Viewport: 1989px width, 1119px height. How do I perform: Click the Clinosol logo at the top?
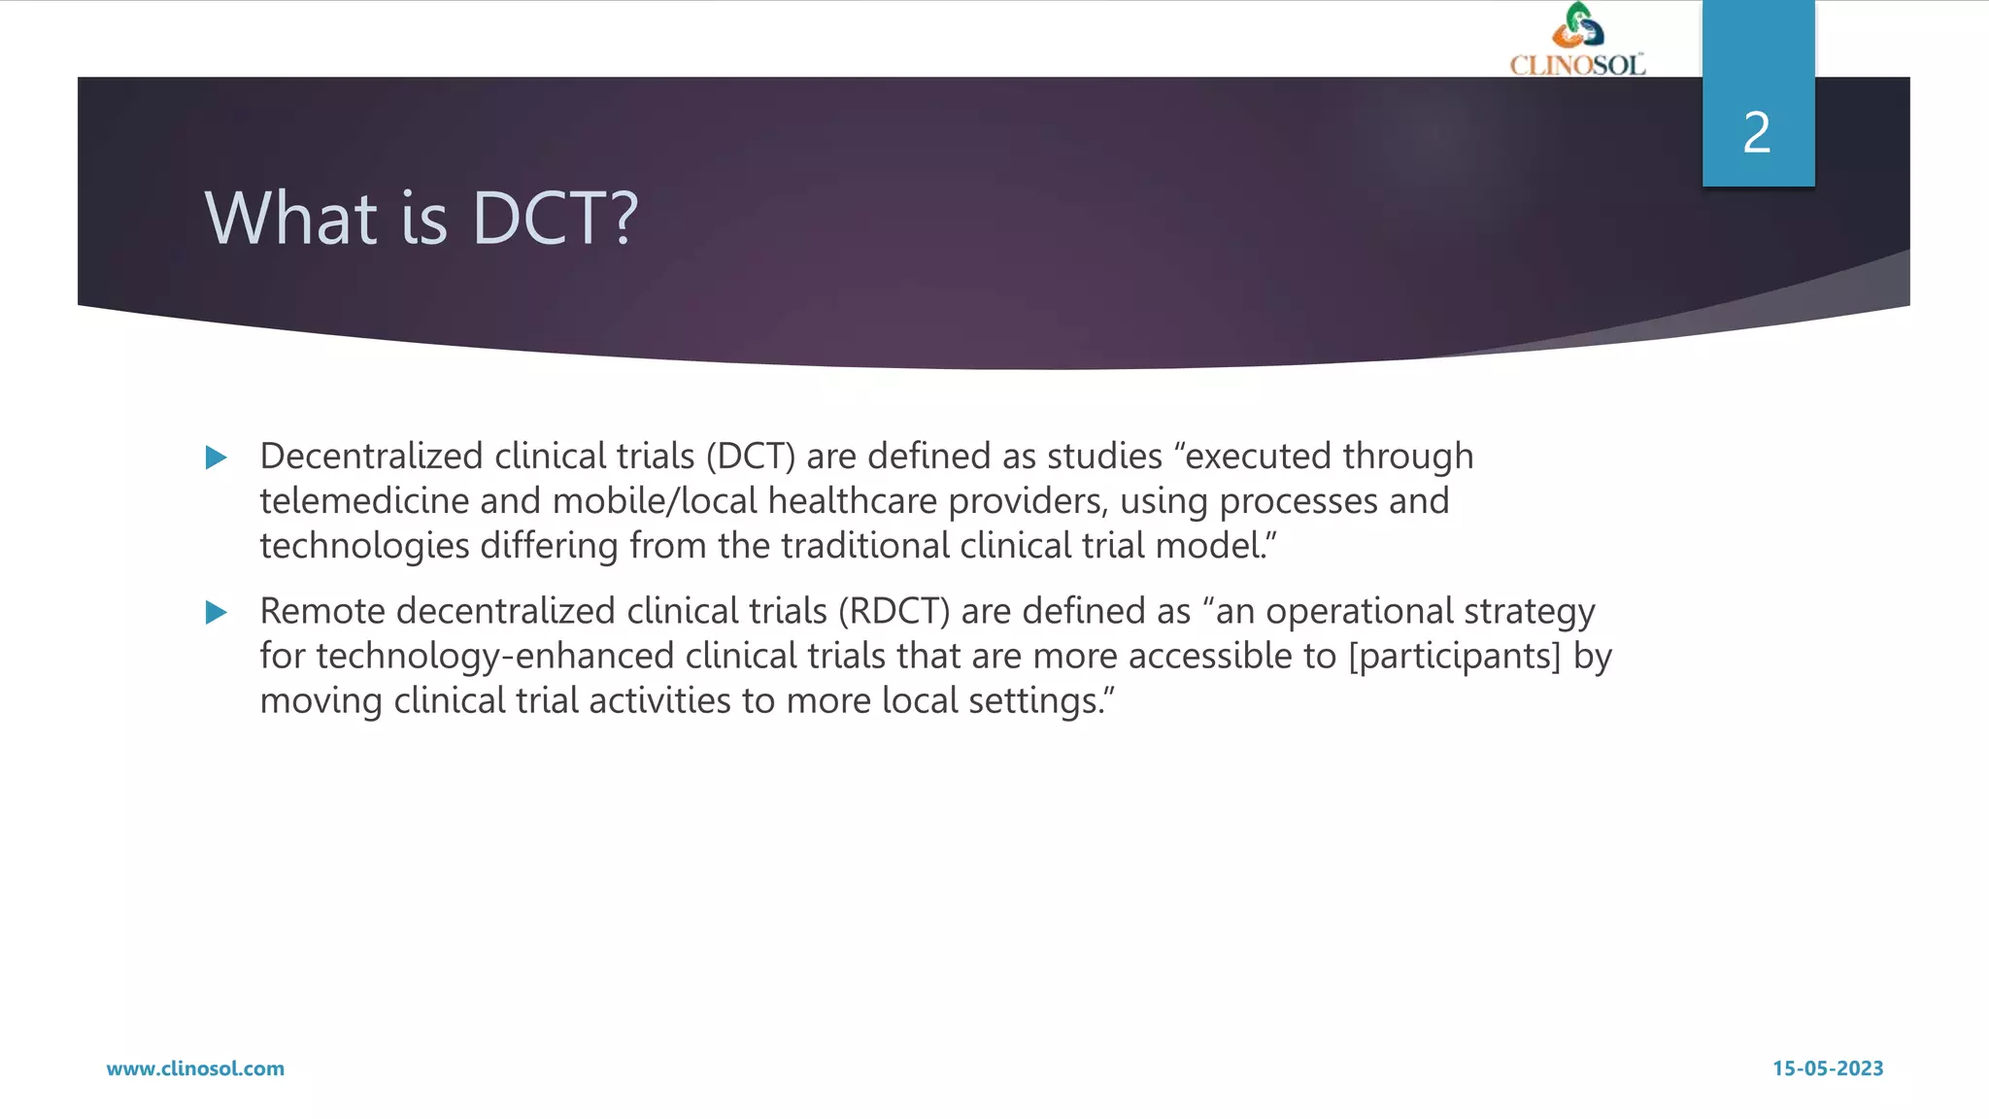pyautogui.click(x=1577, y=40)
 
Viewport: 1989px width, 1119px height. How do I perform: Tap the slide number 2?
pyautogui.click(x=1757, y=132)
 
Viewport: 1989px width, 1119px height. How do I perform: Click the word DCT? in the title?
pyautogui.click(x=555, y=218)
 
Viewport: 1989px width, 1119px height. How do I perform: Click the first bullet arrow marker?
pyautogui.click(x=217, y=458)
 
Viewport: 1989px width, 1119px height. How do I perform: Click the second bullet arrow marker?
pyautogui.click(x=217, y=612)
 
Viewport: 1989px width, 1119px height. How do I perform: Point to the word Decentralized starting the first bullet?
pyautogui.click(x=371, y=456)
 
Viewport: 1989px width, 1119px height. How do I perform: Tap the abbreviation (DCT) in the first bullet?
pyautogui.click(x=751, y=456)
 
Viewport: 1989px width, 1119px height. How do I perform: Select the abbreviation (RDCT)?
pyautogui.click(x=894, y=611)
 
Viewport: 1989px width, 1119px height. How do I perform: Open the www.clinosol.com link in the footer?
pyautogui.click(x=195, y=1068)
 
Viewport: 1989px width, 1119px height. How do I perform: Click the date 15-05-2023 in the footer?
pyautogui.click(x=1828, y=1068)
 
